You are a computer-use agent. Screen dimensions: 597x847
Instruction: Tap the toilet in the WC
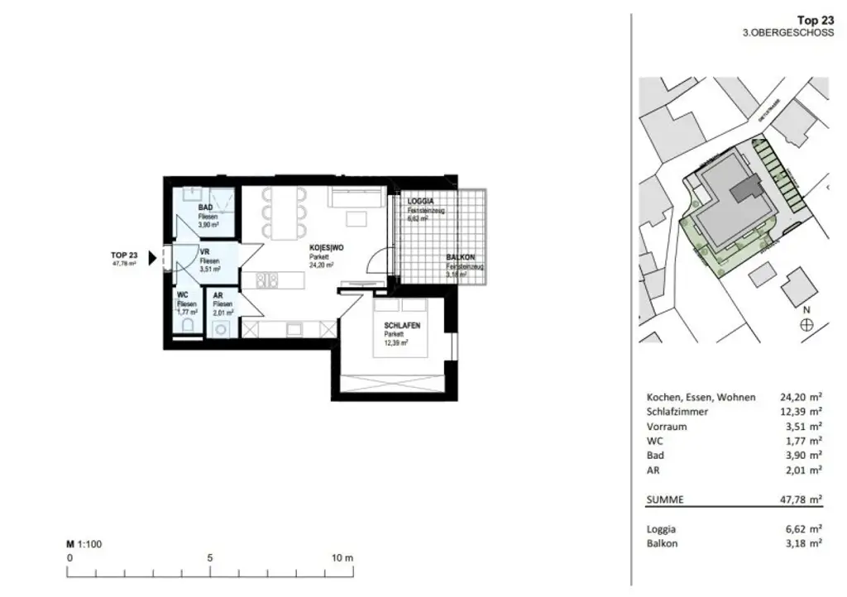[186, 328]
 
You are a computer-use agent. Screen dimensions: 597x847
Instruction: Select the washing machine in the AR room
[222, 329]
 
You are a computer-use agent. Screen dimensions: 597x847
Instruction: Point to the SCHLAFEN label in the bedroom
[401, 326]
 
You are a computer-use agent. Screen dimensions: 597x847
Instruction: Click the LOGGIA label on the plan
[420, 202]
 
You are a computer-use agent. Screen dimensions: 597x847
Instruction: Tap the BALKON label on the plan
[460, 258]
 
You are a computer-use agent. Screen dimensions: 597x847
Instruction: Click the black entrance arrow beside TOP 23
[151, 259]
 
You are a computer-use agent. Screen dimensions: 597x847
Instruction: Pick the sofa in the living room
[356, 197]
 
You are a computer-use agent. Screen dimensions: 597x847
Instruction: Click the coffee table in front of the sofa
[357, 218]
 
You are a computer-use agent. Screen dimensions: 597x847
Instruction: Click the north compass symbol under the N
[806, 326]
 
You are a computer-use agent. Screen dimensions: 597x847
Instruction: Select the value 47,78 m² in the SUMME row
[802, 499]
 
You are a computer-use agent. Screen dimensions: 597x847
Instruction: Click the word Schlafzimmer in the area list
[676, 412]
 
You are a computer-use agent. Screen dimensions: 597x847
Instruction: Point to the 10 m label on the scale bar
[342, 558]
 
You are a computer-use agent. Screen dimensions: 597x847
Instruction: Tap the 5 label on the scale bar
[210, 558]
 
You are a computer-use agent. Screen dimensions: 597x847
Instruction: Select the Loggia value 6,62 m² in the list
[802, 528]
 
